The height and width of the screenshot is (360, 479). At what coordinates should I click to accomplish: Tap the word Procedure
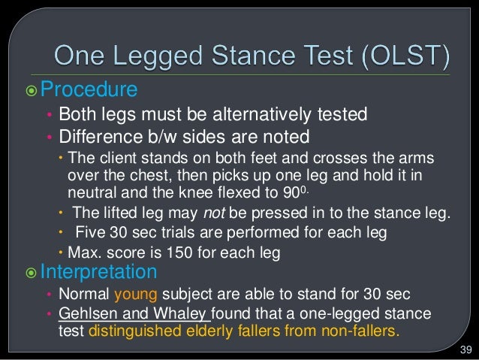pos(89,90)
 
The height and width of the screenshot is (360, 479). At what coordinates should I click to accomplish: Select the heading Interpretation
pos(98,271)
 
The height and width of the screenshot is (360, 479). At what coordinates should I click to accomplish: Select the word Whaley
pos(185,312)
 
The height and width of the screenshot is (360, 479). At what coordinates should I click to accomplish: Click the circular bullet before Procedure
pos(31,91)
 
